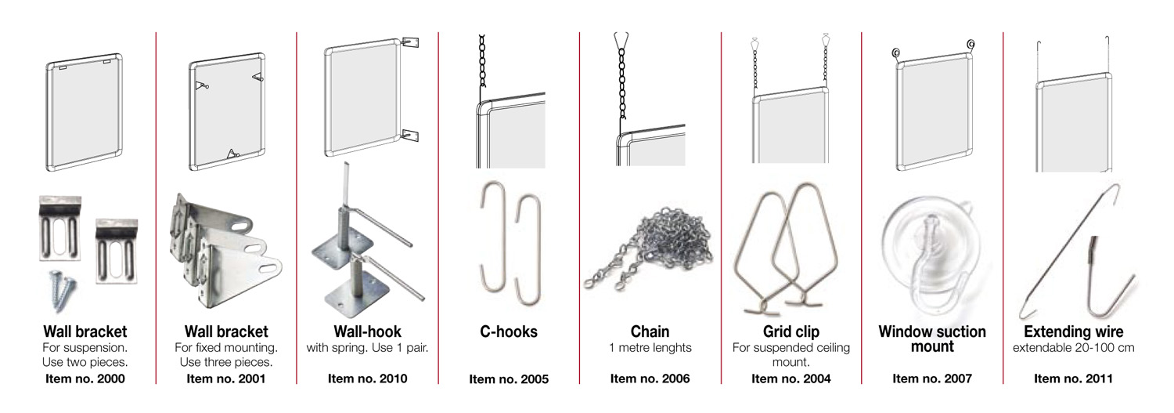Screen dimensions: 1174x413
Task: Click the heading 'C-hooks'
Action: click(509, 331)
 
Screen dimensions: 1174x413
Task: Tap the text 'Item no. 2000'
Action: click(85, 379)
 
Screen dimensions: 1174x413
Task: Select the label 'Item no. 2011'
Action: click(1073, 379)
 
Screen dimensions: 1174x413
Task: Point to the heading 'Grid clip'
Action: click(790, 331)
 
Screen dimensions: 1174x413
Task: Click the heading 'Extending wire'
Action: click(1073, 331)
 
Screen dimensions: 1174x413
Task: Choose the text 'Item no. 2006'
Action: click(650, 379)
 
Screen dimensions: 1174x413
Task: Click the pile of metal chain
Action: click(649, 248)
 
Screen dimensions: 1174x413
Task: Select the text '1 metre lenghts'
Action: click(650, 347)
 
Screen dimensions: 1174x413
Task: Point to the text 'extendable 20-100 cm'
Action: click(1073, 347)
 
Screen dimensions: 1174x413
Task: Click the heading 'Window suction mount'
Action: click(932, 339)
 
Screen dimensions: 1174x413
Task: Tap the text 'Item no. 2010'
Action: click(367, 379)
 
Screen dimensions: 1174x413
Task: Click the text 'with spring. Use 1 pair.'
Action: click(367, 348)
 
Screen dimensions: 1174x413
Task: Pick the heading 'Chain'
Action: click(650, 331)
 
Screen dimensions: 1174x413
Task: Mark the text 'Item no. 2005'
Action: click(509, 379)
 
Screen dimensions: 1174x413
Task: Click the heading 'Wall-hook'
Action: click(367, 331)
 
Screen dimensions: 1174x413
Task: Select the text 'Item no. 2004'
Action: click(790, 379)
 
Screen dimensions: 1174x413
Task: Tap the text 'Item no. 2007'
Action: click(932, 379)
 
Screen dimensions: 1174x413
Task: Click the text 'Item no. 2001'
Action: click(226, 379)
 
